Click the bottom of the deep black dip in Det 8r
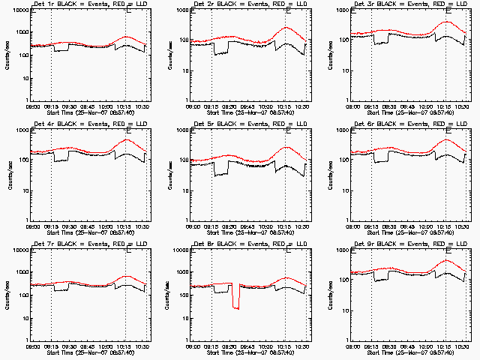[236, 307]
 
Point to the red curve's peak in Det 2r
[286, 28]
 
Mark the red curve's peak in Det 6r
[446, 139]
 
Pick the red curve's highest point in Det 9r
[447, 260]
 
